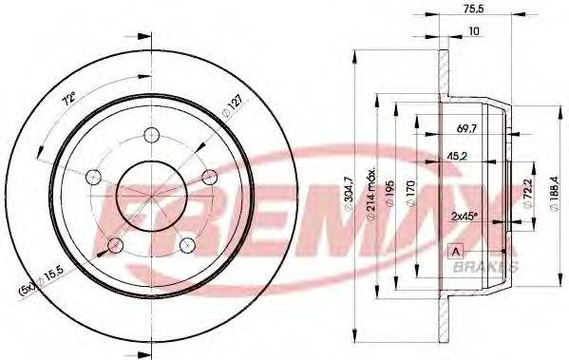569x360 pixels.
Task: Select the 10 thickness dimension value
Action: (x=474, y=31)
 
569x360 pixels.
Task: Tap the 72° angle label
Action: (x=69, y=99)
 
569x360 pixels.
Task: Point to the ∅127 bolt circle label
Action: (x=232, y=107)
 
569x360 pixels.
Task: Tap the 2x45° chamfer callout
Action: (x=464, y=217)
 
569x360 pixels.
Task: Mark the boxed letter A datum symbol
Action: (x=457, y=251)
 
